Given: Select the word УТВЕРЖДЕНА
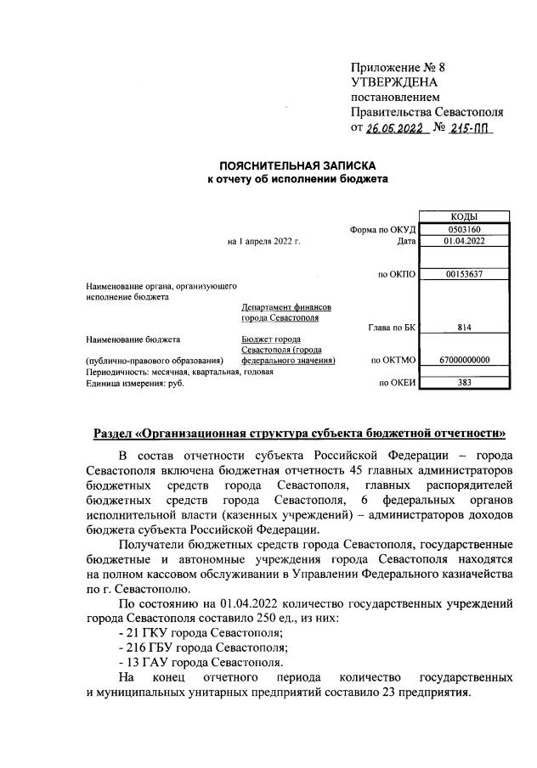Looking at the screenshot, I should [394, 81].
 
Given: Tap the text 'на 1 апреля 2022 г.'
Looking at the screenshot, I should [264, 241].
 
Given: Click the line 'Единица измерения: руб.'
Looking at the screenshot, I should [135, 383].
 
